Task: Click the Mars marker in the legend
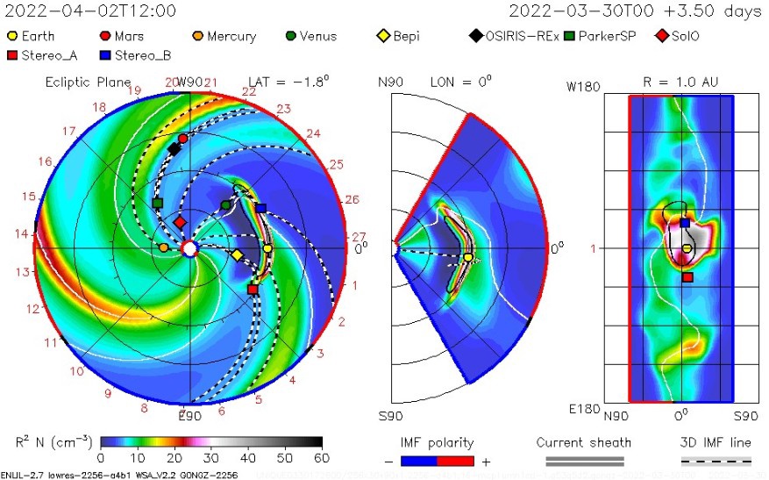coord(105,37)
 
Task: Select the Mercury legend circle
coord(198,37)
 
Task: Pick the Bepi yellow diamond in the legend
coord(383,37)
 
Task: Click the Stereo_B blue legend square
coord(105,55)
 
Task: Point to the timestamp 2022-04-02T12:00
coord(89,11)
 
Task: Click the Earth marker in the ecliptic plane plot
coord(267,249)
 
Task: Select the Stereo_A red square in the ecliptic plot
coord(253,289)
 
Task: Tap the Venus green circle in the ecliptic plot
coord(226,204)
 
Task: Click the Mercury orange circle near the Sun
coord(163,247)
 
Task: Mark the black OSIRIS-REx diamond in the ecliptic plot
coord(174,149)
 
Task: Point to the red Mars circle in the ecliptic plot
coord(182,139)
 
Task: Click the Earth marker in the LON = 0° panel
coord(468,258)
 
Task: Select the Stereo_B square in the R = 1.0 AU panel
coord(685,223)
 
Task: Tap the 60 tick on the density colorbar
coord(321,458)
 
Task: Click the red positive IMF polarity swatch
coord(454,461)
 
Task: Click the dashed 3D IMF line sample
coord(716,461)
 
